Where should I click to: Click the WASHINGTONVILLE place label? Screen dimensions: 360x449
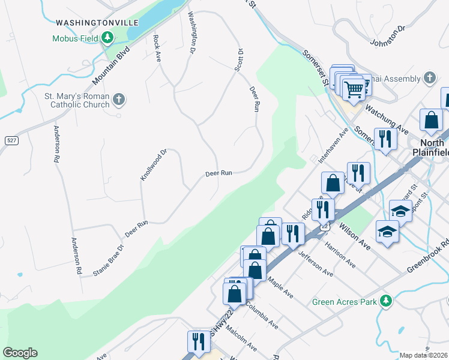[97, 23]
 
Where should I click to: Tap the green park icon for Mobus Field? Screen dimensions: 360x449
[107, 39]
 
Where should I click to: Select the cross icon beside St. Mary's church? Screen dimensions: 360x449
[119, 98]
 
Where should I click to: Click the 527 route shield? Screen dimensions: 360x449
[11, 140]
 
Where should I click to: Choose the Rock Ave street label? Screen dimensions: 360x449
[157, 48]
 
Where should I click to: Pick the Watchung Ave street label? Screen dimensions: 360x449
[387, 121]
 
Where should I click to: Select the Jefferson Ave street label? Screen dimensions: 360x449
[315, 263]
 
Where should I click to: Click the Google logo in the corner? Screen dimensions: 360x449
[20, 353]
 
